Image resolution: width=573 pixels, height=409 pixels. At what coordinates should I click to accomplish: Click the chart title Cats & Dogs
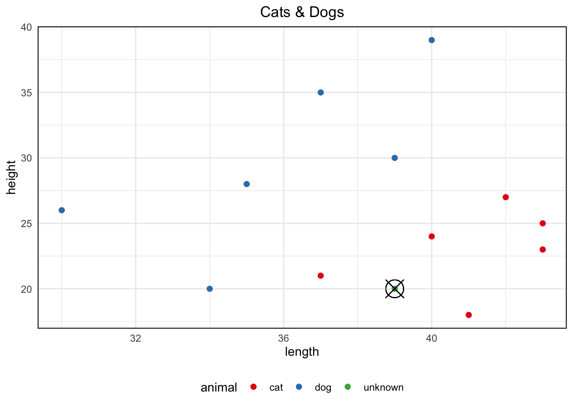(302, 12)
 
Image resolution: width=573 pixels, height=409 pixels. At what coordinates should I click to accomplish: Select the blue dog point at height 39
(431, 40)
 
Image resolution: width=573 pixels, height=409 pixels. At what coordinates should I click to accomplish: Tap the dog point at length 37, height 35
(321, 92)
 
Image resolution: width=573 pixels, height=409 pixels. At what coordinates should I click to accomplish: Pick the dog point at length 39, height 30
(395, 158)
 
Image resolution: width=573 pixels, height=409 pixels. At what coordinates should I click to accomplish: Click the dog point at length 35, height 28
(246, 184)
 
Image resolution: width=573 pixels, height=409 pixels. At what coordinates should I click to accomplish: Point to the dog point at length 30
(61, 210)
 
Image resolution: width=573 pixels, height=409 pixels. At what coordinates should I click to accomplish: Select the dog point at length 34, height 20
(210, 289)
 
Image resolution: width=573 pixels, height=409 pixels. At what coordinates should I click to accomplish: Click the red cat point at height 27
(506, 197)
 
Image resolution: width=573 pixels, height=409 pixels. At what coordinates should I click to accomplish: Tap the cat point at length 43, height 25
(543, 223)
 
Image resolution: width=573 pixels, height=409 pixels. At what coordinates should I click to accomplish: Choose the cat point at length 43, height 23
(543, 250)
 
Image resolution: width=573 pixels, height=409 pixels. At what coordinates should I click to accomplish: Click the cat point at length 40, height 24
(431, 236)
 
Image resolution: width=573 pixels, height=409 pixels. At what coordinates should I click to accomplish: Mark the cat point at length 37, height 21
(321, 276)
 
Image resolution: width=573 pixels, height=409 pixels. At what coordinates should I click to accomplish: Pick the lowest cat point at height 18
(469, 315)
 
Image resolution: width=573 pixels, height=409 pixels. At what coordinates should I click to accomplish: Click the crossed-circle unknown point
(395, 289)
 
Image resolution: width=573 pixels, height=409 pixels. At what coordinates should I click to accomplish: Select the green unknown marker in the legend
(347, 387)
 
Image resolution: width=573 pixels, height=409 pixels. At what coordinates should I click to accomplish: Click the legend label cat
(276, 387)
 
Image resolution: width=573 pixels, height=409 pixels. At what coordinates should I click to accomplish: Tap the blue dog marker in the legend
(299, 387)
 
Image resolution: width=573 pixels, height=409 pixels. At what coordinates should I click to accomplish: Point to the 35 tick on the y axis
(26, 92)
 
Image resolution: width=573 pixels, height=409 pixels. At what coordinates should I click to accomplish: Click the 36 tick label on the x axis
(284, 339)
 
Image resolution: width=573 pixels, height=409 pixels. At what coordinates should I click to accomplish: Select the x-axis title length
(302, 352)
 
